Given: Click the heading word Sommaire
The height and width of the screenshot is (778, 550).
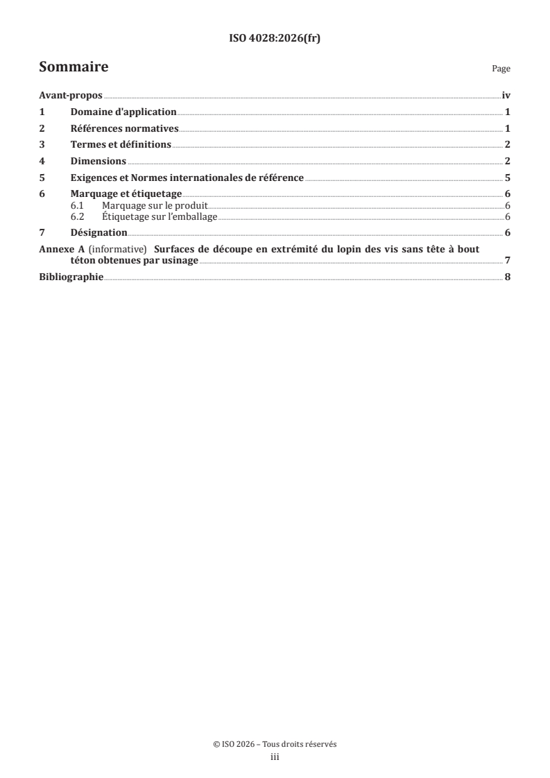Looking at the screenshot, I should (74, 67).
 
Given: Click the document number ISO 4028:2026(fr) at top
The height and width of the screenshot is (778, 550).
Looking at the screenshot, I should (275, 39).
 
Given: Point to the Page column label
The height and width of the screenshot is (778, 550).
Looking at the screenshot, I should (501, 69).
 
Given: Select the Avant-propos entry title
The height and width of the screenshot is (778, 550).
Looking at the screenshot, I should (71, 96).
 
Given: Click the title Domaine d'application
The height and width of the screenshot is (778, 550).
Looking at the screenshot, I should (123, 112).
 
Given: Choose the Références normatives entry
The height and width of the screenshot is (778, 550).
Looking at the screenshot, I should (125, 128).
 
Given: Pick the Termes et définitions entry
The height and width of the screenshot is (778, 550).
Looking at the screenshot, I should (121, 145).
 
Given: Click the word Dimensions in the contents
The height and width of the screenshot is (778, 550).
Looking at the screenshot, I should (98, 161).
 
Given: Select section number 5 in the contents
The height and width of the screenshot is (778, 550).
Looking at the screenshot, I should (42, 178).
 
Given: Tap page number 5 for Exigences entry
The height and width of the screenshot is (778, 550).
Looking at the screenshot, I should (508, 178).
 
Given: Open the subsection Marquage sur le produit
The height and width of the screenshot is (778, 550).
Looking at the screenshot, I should (155, 206).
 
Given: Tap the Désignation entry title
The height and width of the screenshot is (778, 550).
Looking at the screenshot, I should (99, 232).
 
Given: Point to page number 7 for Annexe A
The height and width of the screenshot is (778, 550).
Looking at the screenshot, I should (508, 261).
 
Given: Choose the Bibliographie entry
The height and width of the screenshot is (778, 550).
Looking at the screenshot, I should (71, 277).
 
